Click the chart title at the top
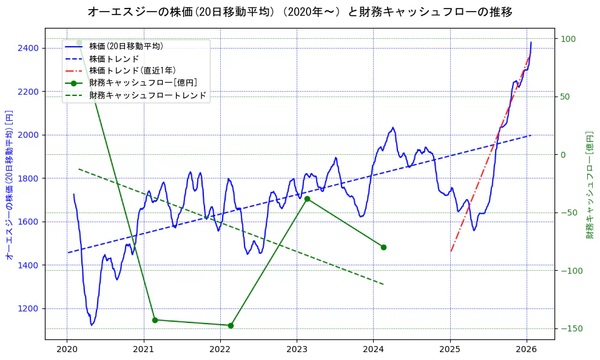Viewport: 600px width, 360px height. [x=300, y=12]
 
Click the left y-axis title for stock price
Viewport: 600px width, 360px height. [x=9, y=185]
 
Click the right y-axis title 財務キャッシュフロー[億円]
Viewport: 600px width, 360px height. [x=589, y=185]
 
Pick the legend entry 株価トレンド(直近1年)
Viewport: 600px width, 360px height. [x=134, y=70]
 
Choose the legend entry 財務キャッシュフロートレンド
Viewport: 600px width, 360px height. [x=147, y=95]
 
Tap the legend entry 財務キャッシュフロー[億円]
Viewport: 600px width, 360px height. [x=143, y=83]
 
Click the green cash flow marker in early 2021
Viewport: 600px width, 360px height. [x=155, y=320]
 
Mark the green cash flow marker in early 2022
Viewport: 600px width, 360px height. [x=231, y=325]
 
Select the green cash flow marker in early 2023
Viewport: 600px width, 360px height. [x=307, y=199]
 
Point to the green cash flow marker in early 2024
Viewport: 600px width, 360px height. [x=383, y=247]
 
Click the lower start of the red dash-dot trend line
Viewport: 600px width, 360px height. [x=451, y=251]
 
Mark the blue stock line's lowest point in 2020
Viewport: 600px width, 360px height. [x=92, y=325]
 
